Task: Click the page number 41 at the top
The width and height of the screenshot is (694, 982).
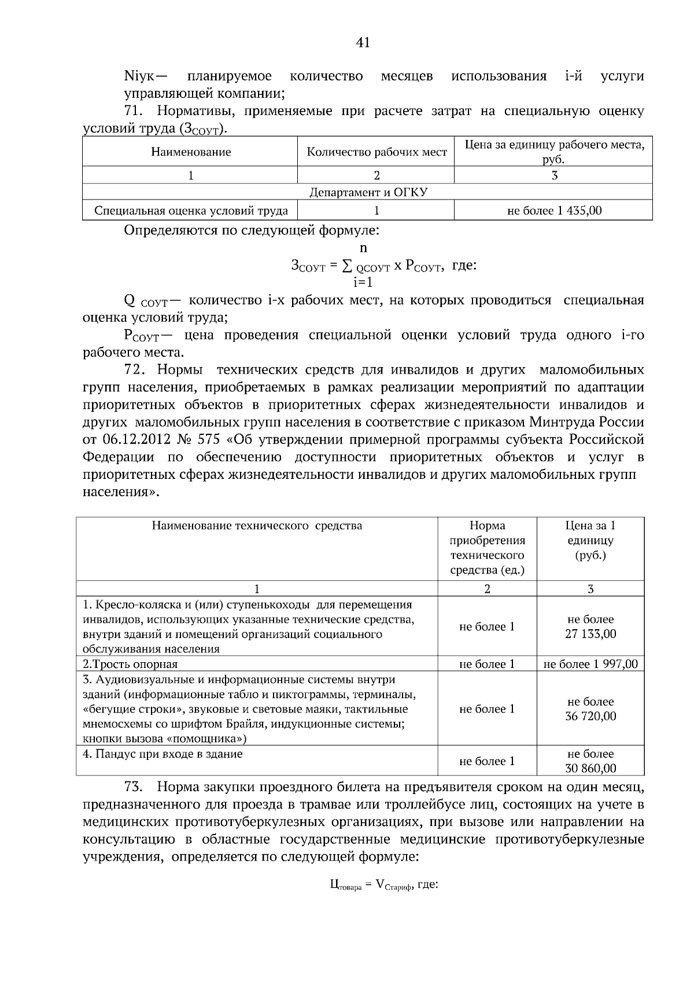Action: [363, 42]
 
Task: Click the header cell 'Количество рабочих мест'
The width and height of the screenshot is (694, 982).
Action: [376, 152]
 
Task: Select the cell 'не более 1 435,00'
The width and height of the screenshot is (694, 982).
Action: [554, 211]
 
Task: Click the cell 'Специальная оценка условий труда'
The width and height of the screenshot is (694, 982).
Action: [191, 211]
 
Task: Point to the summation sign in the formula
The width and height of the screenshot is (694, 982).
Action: [346, 266]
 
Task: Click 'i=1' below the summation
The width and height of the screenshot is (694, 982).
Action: [363, 283]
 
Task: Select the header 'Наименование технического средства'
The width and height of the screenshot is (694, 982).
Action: [257, 526]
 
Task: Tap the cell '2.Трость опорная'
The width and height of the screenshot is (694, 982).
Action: [131, 664]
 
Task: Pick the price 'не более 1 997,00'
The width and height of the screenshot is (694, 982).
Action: [590, 664]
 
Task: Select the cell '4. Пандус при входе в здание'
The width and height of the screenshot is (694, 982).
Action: [163, 754]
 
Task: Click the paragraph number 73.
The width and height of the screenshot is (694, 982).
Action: [134, 787]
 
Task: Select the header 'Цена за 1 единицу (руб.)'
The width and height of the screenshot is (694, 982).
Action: [590, 540]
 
